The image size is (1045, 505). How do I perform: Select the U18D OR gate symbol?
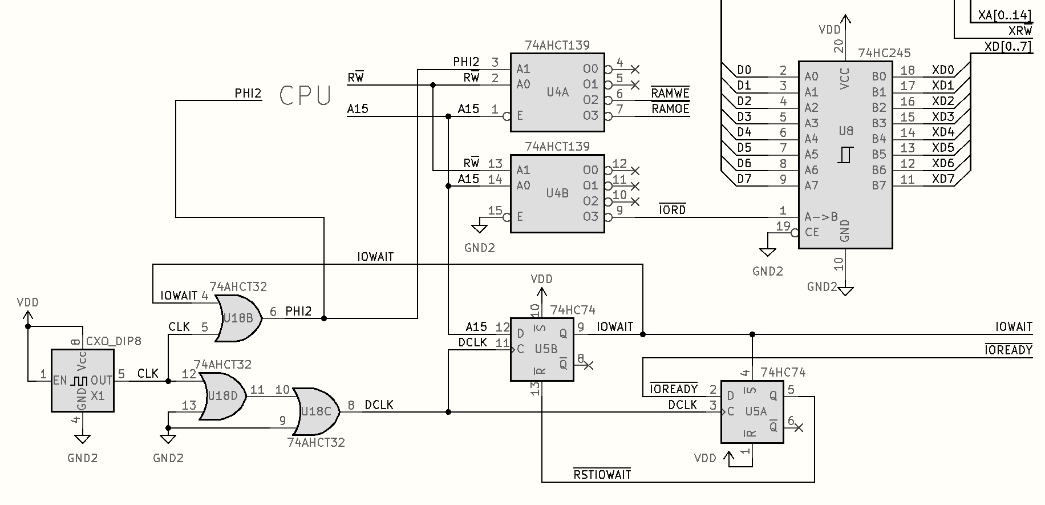pyautogui.click(x=222, y=395)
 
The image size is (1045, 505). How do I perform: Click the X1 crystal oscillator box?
pyautogui.click(x=83, y=381)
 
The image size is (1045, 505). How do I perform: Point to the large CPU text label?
pyautogui.click(x=305, y=96)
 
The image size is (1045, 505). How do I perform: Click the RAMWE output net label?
pyautogui.click(x=670, y=93)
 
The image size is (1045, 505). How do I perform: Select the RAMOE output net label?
pyautogui.click(x=670, y=108)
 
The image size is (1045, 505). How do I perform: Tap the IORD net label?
pyautogui.click(x=673, y=210)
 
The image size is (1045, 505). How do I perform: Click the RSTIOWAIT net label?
pyautogui.click(x=602, y=474)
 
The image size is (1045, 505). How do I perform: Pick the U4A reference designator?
pyautogui.click(x=557, y=92)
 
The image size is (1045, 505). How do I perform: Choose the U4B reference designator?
pyautogui.click(x=557, y=193)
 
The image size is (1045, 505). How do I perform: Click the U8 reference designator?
pyautogui.click(x=846, y=131)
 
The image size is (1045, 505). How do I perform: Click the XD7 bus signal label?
pyautogui.click(x=943, y=179)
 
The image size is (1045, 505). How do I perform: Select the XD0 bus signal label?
pyautogui.click(x=943, y=70)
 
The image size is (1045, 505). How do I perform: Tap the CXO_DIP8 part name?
pyautogui.click(x=114, y=341)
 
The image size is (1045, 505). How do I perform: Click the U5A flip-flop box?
pyautogui.click(x=752, y=411)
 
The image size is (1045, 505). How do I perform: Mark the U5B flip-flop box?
pyautogui.click(x=541, y=349)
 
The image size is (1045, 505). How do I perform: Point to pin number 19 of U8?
pyautogui.click(x=783, y=226)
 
